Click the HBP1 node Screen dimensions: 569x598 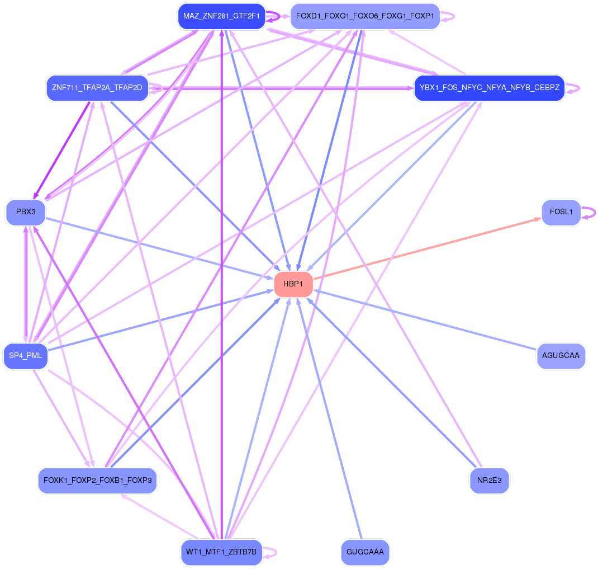[293, 284]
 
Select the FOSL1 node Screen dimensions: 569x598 [561, 213]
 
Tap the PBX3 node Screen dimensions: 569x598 [26, 213]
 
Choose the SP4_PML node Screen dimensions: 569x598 [26, 356]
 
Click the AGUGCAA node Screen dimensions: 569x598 [561, 356]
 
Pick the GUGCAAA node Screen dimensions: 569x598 [365, 552]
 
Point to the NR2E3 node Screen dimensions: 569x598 [489, 481]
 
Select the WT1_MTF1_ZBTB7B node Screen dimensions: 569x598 [221, 552]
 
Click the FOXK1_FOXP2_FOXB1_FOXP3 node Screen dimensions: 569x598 [97, 481]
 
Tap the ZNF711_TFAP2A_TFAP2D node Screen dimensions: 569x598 [97, 88]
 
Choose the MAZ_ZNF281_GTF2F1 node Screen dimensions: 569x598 [221, 16]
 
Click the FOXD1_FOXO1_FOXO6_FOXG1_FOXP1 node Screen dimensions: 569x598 [365, 16]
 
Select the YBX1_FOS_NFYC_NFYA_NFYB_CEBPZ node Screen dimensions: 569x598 [489, 88]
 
